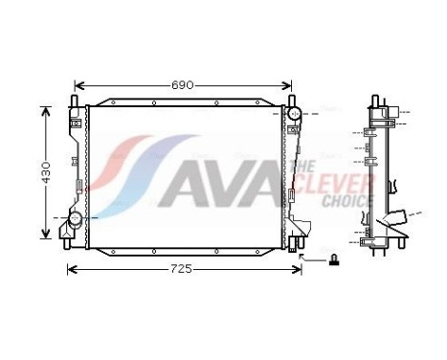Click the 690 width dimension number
tap(183, 84)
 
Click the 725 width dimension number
tap(183, 268)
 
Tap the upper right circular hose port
tap(294, 115)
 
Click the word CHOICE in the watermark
tap(346, 201)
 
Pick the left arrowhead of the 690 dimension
tap(78, 84)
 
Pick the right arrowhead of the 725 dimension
tap(298, 268)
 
